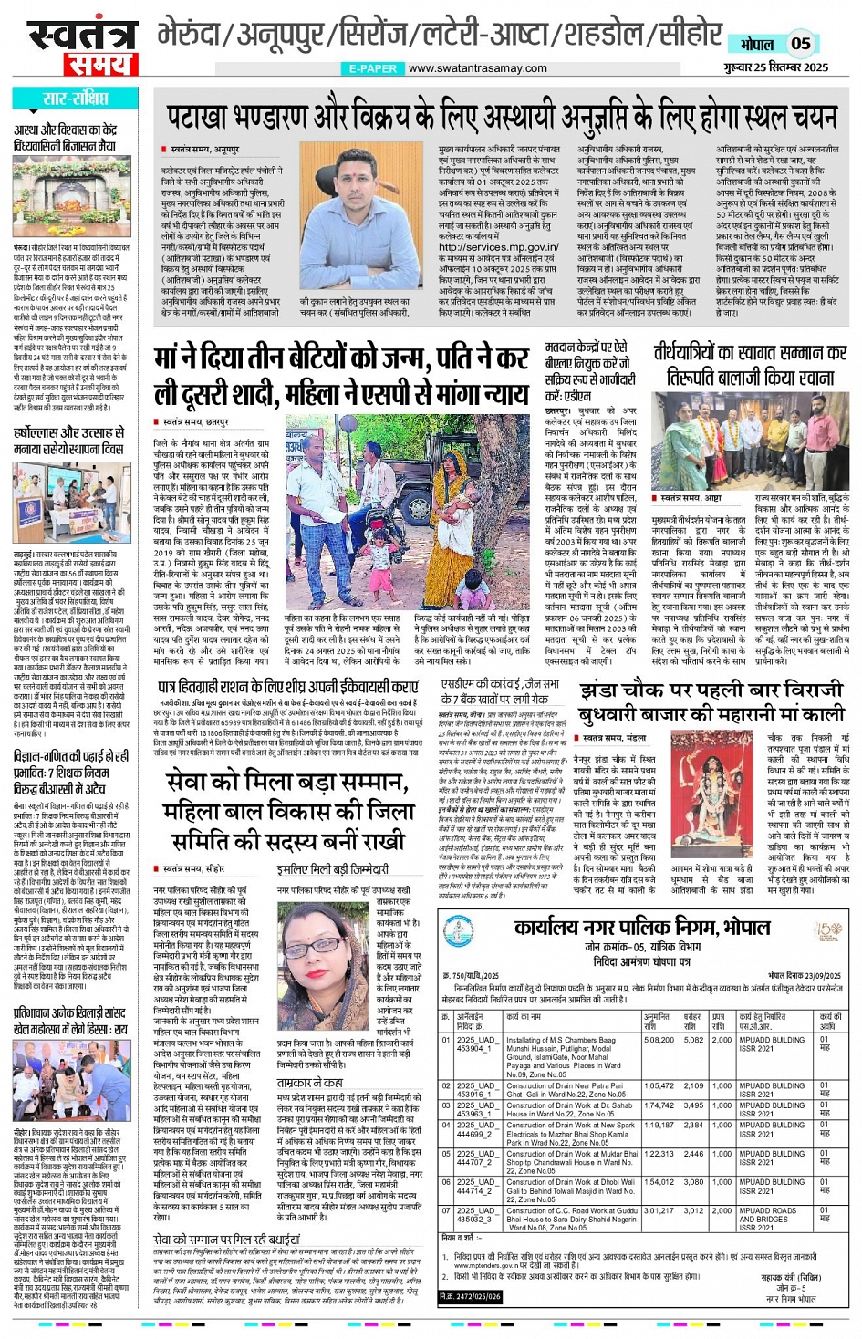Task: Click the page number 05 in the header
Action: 800,43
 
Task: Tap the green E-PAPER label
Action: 373,68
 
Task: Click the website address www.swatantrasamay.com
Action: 477,68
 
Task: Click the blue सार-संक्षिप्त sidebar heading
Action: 76,99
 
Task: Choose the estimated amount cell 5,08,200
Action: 658,1039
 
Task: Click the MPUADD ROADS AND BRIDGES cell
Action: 772,1216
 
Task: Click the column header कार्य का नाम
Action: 523,1016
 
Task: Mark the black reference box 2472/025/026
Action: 470,1296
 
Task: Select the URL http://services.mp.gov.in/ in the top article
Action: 498,247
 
